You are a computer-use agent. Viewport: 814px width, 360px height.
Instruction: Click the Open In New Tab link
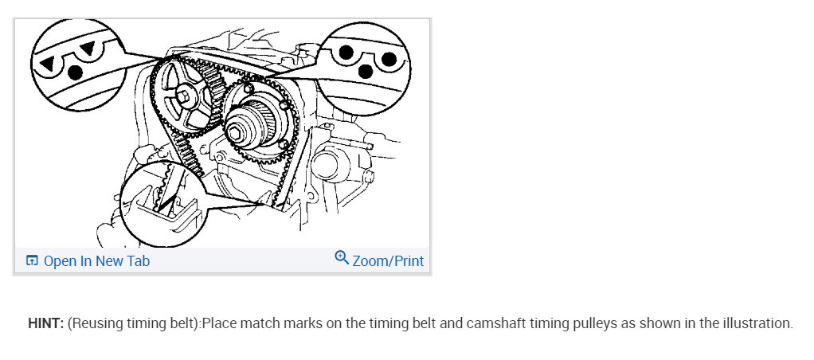click(96, 260)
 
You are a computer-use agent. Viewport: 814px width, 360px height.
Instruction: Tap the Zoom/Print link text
click(388, 260)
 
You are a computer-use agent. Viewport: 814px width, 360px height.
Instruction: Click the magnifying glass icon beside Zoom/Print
click(342, 258)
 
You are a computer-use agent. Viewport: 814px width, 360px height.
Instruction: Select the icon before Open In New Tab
click(32, 260)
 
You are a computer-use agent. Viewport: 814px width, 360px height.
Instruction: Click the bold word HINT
click(45, 324)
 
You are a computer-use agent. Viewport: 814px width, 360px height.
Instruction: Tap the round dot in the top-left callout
click(75, 72)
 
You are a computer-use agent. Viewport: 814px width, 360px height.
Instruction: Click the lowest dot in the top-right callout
click(367, 72)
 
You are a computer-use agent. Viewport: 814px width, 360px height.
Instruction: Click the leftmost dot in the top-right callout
click(346, 54)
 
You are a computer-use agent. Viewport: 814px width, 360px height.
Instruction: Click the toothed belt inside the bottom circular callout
click(162, 195)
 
